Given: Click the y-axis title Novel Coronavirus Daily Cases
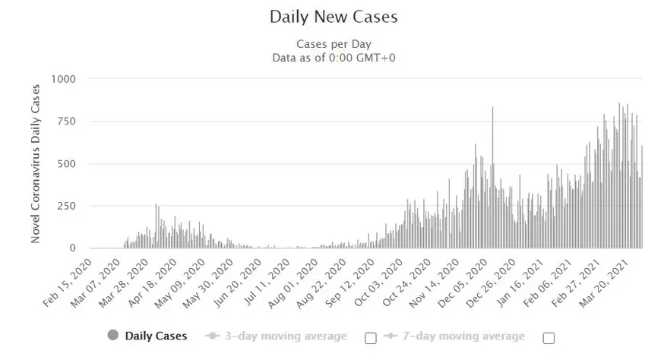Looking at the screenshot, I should point(36,164).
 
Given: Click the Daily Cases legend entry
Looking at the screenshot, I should point(156,336).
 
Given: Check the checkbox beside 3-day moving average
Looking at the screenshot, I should point(371,337).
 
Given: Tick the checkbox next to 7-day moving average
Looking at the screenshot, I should point(549,337).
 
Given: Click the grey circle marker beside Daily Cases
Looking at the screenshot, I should point(114,336).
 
